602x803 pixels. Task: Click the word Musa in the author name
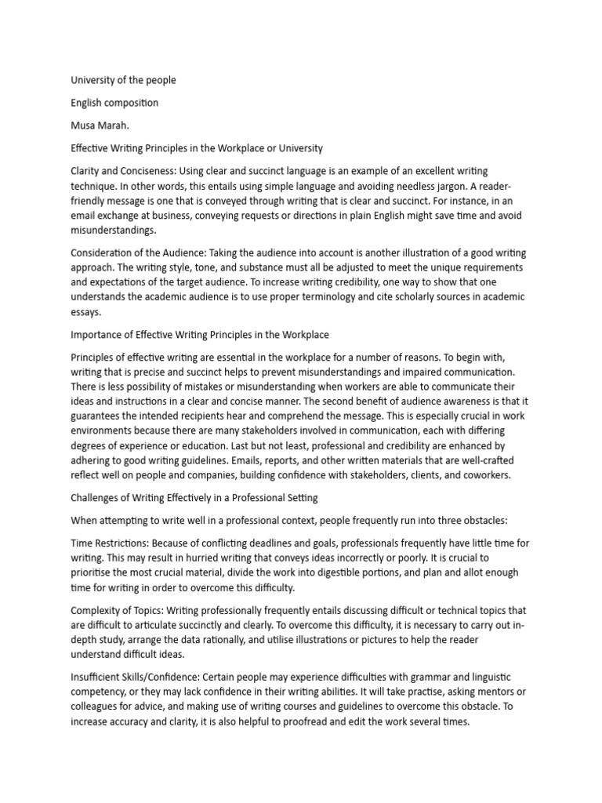84,125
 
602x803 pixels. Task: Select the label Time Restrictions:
110,543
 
